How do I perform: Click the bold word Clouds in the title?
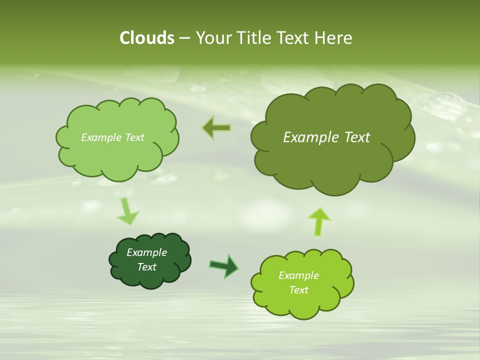(146, 38)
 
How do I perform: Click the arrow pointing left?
(216, 128)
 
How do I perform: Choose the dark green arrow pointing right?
(224, 265)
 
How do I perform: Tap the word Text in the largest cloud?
(357, 137)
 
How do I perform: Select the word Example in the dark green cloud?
(146, 252)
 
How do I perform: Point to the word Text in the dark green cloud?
(146, 267)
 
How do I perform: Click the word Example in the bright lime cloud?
(298, 275)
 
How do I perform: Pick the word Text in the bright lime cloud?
(298, 290)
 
